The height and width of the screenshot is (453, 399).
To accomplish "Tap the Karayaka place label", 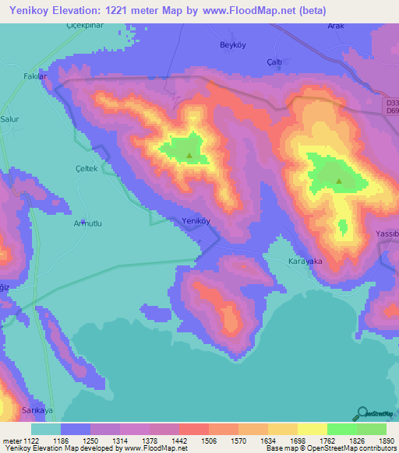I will point(305,262).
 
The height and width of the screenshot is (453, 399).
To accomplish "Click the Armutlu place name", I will point(88,223).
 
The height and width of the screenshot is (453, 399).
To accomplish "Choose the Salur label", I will point(11,119).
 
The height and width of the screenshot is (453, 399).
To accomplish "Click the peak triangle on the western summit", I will point(189,155).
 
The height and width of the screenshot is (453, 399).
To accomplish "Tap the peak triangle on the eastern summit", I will point(338,182).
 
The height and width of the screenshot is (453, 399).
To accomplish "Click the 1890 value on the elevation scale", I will point(386,441).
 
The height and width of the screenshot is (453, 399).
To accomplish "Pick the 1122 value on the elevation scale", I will point(23,441).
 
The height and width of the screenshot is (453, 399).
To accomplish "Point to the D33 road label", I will point(391,103).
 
